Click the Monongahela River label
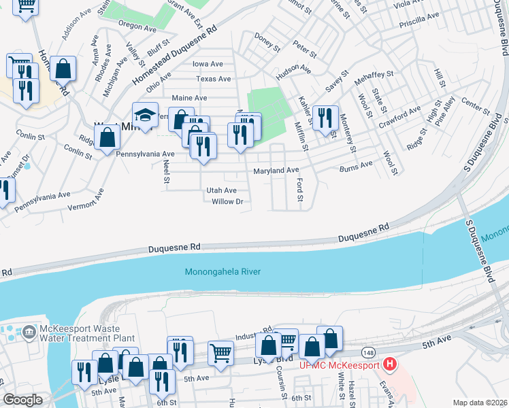click(x=223, y=272)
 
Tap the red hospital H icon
click(x=389, y=364)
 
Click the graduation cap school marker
click(x=145, y=114)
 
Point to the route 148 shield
click(x=368, y=352)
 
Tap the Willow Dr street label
click(x=227, y=202)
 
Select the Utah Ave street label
click(x=221, y=191)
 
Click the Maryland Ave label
click(x=276, y=171)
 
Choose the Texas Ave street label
click(x=213, y=79)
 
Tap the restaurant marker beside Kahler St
click(x=326, y=116)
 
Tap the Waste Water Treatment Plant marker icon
click(x=29, y=333)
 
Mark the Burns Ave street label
click(x=356, y=165)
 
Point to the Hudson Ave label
click(x=293, y=71)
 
